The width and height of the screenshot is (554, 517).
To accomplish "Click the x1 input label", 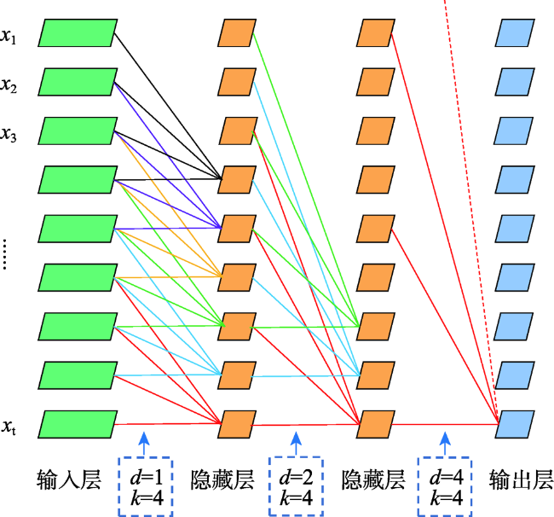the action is point(9,37).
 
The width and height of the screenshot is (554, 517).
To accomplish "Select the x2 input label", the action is point(9,85).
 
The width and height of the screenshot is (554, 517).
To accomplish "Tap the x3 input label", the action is point(9,135).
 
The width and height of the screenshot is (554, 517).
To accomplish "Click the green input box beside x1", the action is point(78,33).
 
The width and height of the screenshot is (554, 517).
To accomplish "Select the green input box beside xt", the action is point(78,424).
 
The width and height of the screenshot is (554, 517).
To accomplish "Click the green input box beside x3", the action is point(78,131).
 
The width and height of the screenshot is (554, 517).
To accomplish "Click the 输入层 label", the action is point(69,479).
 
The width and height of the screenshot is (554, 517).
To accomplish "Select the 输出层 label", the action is point(521,479).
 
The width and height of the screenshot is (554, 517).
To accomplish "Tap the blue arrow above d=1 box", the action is point(144,443).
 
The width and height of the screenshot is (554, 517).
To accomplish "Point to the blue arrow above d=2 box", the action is point(296,443).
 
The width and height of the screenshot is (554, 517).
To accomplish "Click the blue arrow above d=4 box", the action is point(445,443).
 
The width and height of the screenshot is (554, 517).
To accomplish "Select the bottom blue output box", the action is point(515,424).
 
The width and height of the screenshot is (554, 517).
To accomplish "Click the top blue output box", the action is point(515,33).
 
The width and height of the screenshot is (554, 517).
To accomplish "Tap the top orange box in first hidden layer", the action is point(237,33).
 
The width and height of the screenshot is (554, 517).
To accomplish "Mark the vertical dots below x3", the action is point(4,254).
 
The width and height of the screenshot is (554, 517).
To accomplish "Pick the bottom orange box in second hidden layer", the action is point(376,424).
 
